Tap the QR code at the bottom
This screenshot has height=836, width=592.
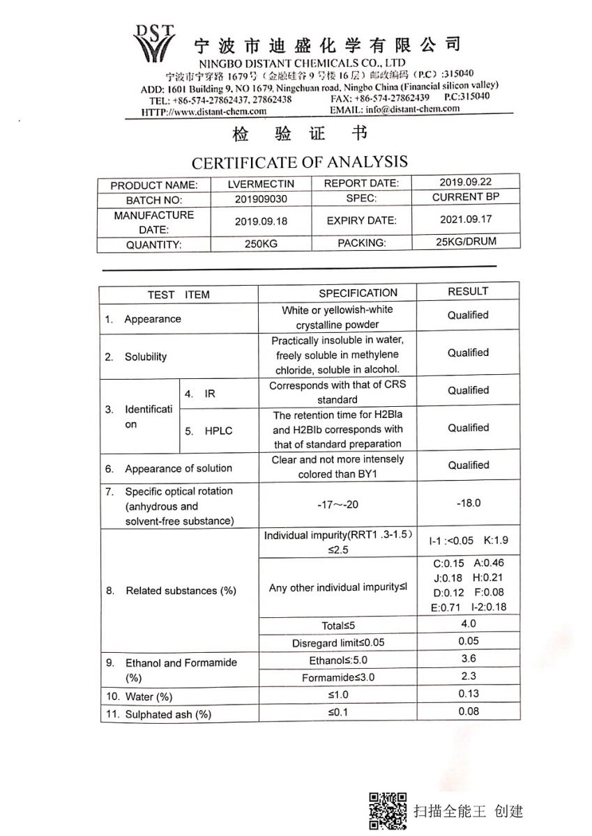click(388, 811)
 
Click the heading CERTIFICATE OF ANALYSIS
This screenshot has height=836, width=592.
click(299, 162)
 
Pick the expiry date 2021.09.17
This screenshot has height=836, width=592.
click(466, 219)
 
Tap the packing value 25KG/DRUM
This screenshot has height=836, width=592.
click(466, 242)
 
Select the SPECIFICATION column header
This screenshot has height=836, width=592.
click(358, 293)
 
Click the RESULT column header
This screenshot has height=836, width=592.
click(468, 291)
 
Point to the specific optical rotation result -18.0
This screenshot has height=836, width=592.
click(468, 503)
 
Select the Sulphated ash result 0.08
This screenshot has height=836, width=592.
click(469, 711)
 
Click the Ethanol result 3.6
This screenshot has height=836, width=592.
click(469, 658)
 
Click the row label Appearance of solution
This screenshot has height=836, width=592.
click(178, 469)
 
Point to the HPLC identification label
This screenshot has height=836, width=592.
click(218, 431)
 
